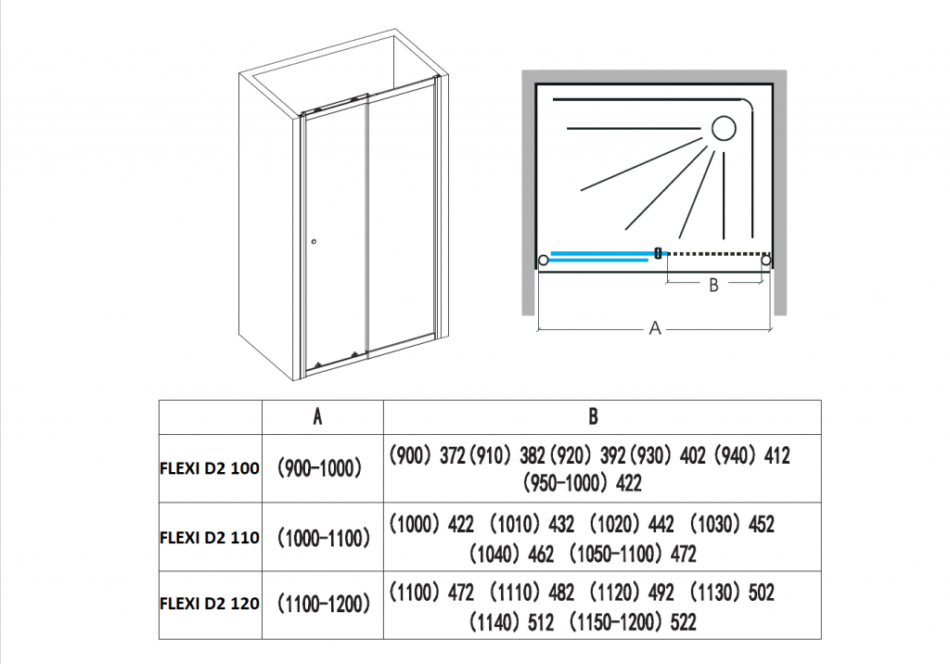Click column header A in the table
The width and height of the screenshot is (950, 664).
[x=318, y=416]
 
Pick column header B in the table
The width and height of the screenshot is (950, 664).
[x=593, y=416]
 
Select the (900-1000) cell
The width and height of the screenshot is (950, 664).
[x=318, y=468]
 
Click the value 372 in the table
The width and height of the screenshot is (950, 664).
[x=452, y=455]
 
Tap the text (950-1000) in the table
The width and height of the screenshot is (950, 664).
[x=565, y=483]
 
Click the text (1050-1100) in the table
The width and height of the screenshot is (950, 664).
[x=615, y=554]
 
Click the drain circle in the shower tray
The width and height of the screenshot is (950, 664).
[x=723, y=128]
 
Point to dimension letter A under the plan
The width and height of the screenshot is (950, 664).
[x=655, y=328]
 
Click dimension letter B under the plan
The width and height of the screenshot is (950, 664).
[x=713, y=286]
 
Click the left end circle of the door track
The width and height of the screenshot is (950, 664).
[x=544, y=261]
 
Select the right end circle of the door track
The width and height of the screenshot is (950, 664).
[x=766, y=261]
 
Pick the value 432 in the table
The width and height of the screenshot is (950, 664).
[x=562, y=524]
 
